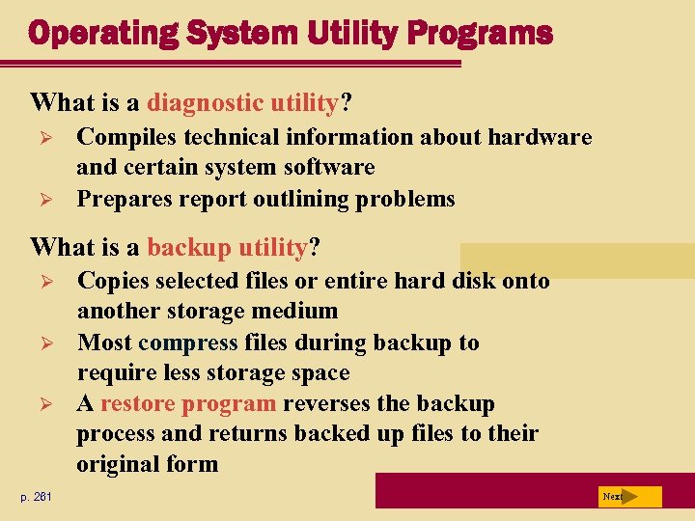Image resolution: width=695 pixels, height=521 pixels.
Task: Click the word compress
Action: click(x=188, y=343)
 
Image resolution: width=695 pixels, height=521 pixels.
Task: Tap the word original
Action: click(x=118, y=464)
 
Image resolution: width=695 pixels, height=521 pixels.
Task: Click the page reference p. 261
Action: click(x=39, y=497)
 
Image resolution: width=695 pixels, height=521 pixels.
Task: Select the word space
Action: click(x=317, y=372)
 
